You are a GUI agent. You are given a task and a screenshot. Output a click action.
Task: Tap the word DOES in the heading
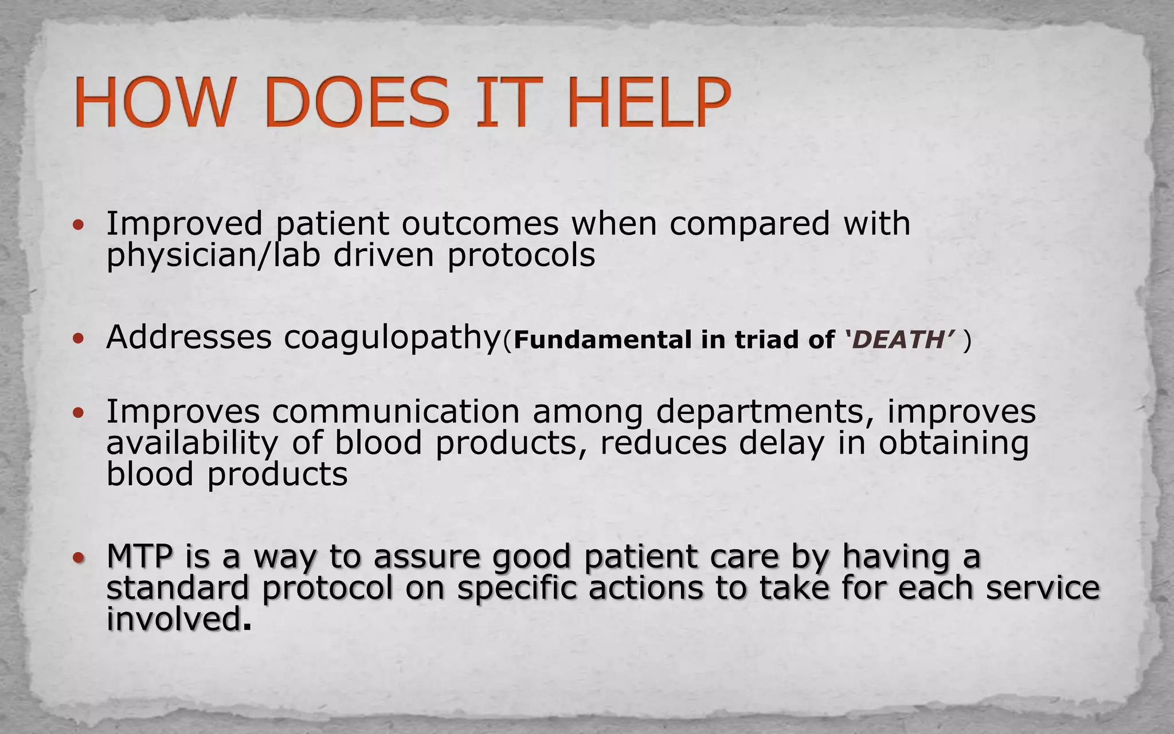tap(357, 103)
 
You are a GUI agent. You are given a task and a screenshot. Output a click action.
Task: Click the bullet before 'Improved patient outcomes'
tap(79, 225)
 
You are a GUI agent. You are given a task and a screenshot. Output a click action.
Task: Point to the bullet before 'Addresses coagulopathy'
tap(79, 338)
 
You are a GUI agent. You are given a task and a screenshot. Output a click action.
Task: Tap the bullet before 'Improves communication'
tap(79, 412)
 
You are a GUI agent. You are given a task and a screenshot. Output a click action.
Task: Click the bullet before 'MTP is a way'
tap(79, 557)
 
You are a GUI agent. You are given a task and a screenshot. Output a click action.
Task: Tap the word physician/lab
tap(213, 256)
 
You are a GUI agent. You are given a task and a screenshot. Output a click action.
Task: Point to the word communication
tap(396, 412)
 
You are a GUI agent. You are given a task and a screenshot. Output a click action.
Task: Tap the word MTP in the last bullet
tap(140, 556)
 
